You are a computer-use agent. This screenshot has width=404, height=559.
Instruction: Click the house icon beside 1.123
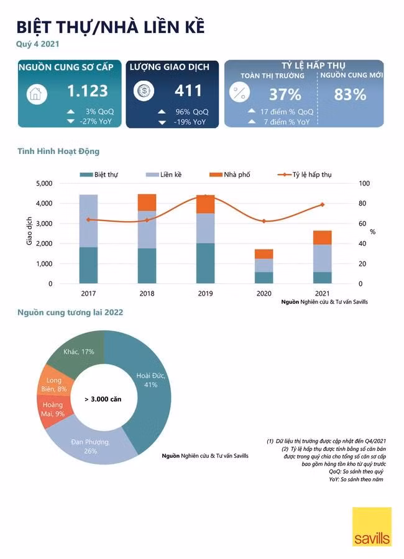[x=37, y=94]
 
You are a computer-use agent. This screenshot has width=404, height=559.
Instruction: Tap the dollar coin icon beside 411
[x=144, y=91]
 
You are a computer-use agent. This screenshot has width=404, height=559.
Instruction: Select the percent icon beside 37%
[x=239, y=93]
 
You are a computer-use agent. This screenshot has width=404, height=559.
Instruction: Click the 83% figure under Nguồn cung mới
[x=350, y=94]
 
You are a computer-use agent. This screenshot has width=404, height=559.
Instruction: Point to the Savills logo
[x=372, y=527]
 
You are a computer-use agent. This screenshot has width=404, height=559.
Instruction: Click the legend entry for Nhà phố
[x=230, y=175]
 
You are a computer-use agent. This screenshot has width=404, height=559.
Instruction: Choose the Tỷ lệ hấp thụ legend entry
[x=305, y=175]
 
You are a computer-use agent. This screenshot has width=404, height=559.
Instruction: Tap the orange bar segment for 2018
[x=147, y=202]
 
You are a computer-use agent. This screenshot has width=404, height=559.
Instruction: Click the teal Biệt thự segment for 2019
[x=206, y=263]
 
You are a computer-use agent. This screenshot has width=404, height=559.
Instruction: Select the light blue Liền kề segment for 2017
[x=88, y=221]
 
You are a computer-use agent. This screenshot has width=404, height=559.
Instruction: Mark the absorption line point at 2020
[x=264, y=221]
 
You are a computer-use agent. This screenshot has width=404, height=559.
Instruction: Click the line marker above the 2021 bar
[x=323, y=204]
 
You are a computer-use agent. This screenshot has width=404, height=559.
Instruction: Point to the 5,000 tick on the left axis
[x=44, y=183]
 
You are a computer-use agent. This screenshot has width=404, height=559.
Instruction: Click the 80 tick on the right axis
[x=362, y=203]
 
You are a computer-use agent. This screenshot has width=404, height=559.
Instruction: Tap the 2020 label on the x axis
[x=264, y=293]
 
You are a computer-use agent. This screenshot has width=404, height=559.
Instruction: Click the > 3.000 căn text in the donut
[x=103, y=399]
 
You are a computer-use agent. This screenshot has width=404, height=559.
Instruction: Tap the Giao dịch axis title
[x=29, y=231]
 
